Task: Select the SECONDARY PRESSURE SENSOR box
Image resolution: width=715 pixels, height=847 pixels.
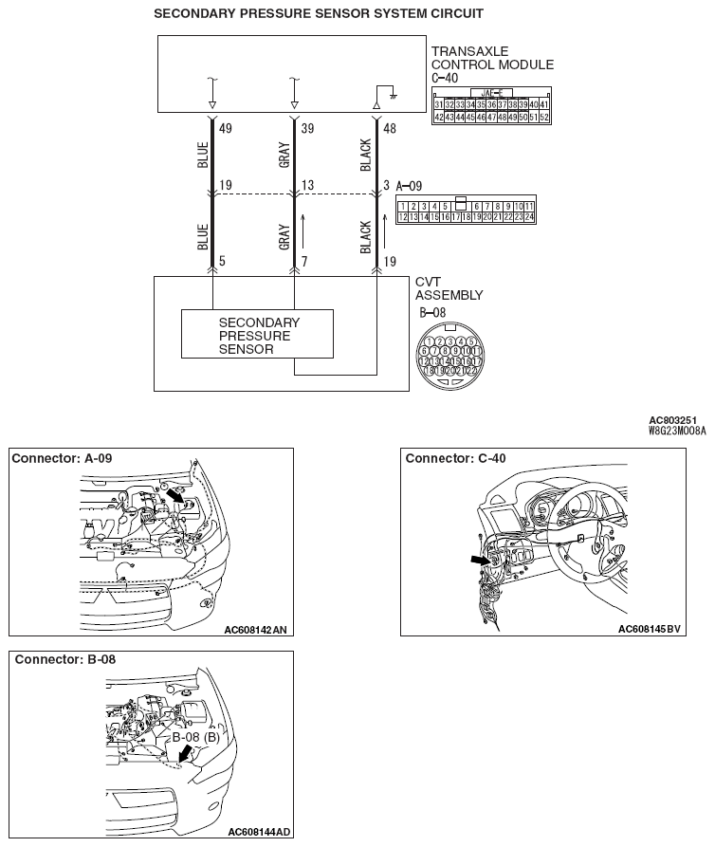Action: (x=257, y=334)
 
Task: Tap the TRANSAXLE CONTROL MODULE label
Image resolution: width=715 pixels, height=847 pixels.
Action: (x=491, y=58)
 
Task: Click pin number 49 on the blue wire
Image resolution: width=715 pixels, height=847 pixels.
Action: (x=225, y=127)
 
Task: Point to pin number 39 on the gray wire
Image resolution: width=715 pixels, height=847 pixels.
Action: (x=307, y=127)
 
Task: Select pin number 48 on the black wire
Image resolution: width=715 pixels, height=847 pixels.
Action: (x=390, y=127)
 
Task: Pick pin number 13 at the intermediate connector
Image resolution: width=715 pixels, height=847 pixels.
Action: (x=307, y=186)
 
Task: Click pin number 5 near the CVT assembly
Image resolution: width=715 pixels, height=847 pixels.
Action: (x=223, y=260)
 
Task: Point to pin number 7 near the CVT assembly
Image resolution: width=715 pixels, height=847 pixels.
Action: (x=305, y=260)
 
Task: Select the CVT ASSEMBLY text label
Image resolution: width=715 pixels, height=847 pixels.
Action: (x=449, y=288)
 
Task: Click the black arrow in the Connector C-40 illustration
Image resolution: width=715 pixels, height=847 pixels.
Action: (x=481, y=562)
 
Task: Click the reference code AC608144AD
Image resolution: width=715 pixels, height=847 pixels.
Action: (x=259, y=832)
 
